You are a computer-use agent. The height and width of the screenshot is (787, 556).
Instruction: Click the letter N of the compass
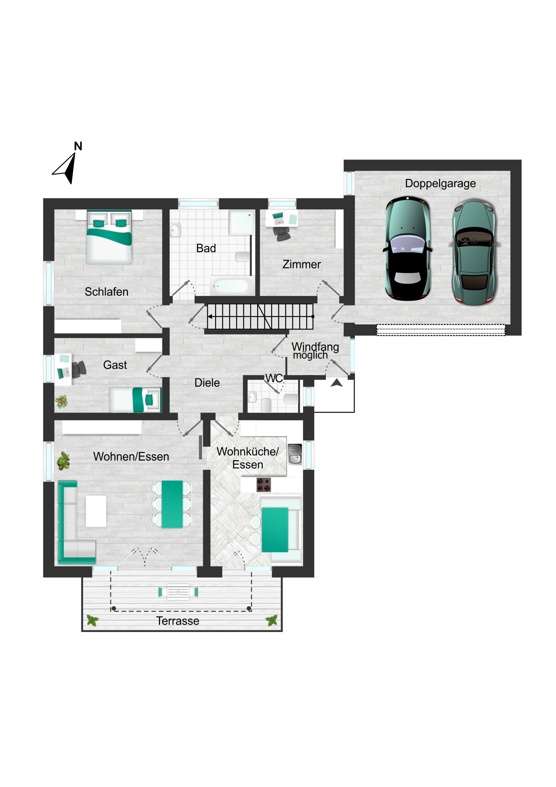click(x=78, y=146)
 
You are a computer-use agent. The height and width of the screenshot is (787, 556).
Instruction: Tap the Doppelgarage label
click(x=440, y=184)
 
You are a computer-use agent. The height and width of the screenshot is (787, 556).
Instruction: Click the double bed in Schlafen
click(x=109, y=237)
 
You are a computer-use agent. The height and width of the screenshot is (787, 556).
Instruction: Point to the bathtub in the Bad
click(x=231, y=286)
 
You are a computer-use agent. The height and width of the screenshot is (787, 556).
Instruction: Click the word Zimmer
click(x=302, y=265)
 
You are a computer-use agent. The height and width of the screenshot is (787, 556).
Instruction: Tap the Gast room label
click(x=115, y=365)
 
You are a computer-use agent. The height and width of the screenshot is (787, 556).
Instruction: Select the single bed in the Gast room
click(x=135, y=400)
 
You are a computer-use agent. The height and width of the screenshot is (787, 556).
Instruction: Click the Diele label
click(x=207, y=383)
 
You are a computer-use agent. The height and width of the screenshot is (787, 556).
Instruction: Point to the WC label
click(x=274, y=378)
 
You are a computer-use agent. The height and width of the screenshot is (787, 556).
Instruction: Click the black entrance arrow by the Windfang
click(x=336, y=383)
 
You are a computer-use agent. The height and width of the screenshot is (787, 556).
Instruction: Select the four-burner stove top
click(x=263, y=485)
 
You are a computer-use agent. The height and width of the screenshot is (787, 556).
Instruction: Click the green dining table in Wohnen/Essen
click(x=172, y=504)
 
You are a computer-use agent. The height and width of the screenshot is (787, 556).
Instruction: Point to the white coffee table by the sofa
click(x=96, y=511)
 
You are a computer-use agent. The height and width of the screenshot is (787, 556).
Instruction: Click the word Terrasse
click(x=177, y=621)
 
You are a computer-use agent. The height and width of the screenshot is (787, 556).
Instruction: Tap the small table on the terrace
click(x=178, y=592)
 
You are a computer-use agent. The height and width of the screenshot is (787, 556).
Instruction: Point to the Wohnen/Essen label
click(x=131, y=457)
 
